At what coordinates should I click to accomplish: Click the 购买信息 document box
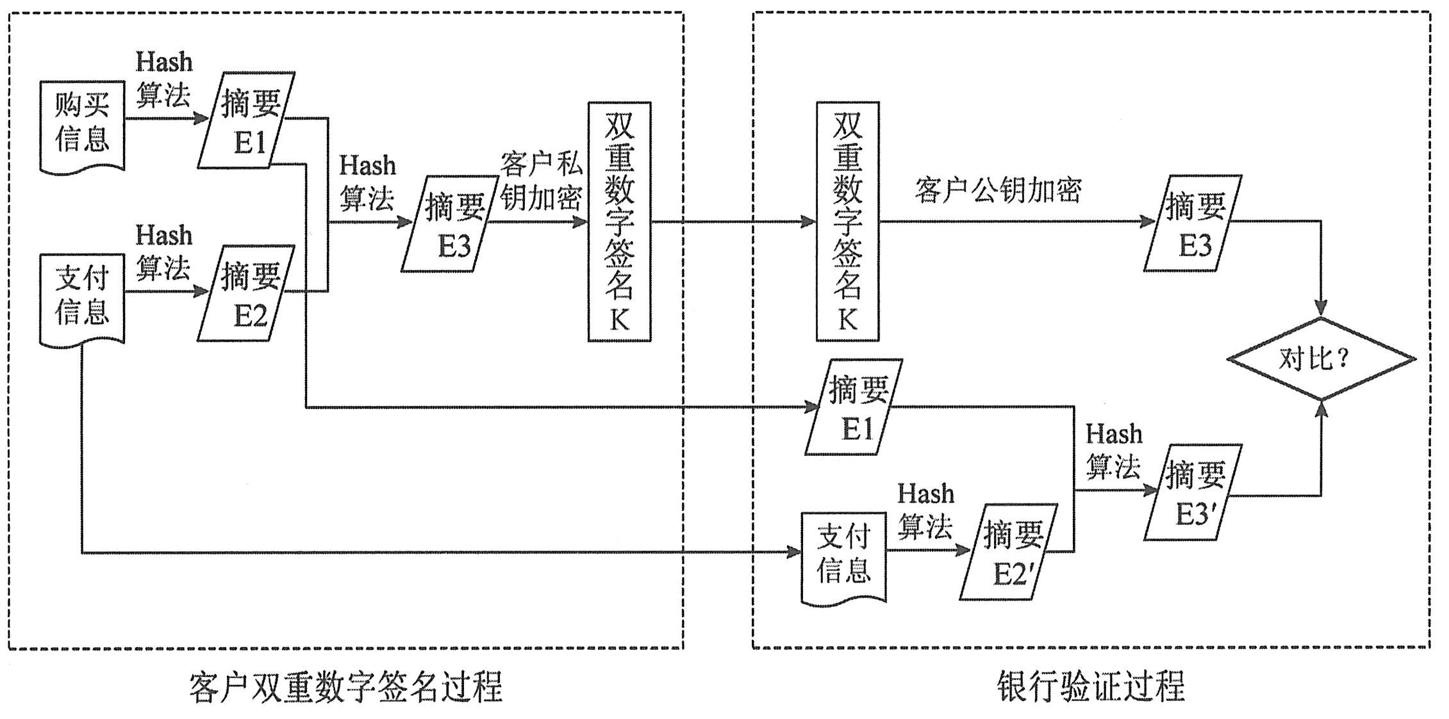pos(82,125)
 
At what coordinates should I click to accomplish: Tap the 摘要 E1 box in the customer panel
pos(247,120)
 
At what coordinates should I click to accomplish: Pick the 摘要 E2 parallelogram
pos(247,293)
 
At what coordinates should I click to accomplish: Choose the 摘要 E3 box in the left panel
pos(451,224)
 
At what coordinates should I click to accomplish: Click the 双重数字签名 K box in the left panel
pos(620,222)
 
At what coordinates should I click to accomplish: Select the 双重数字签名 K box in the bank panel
pos(847,222)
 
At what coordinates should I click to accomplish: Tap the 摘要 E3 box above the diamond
pos(1193,223)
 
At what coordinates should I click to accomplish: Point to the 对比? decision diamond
pos(1321,359)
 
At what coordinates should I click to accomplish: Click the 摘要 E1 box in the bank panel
pos(854,407)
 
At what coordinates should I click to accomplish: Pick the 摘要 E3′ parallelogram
pos(1193,492)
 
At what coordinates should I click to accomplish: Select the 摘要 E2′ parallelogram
pos(1009,552)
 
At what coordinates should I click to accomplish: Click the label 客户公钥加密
pos(998,190)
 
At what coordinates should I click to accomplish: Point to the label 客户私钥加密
pos(541,181)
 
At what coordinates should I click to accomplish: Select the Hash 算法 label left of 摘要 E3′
pos(1114,451)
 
